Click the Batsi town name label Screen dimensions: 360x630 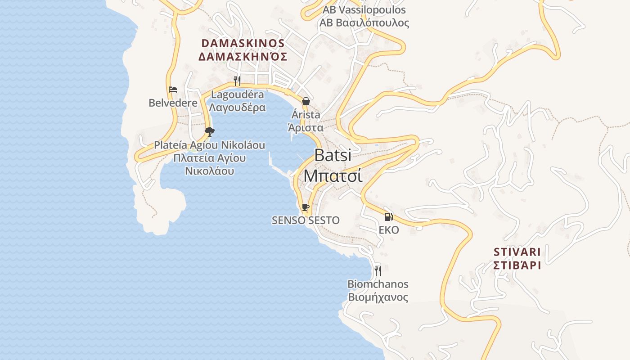(x=333, y=155)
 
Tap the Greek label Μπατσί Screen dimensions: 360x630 (x=333, y=175)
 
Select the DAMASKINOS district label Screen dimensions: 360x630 (x=243, y=43)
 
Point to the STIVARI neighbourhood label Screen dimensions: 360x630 (x=517, y=252)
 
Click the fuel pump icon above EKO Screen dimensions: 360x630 (x=388, y=216)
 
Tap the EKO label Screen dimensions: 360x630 (x=389, y=230)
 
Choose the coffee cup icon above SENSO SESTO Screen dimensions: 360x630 (x=306, y=207)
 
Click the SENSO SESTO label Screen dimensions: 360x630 (x=306, y=220)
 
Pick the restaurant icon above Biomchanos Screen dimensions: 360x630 (x=378, y=270)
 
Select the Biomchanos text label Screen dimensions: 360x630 (x=378, y=284)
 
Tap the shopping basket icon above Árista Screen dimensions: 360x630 (x=306, y=101)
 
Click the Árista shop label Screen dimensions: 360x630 (x=306, y=115)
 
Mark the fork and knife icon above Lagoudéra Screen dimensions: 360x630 (x=237, y=81)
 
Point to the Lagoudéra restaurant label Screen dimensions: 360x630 (x=238, y=94)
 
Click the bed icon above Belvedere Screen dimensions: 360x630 (x=173, y=90)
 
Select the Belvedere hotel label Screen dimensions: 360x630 (x=173, y=103)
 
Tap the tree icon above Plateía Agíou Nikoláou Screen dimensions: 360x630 (x=209, y=131)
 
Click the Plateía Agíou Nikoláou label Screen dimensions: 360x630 (x=210, y=145)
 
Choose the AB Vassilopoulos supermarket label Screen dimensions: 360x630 (x=364, y=10)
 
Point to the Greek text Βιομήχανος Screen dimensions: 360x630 (x=378, y=297)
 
